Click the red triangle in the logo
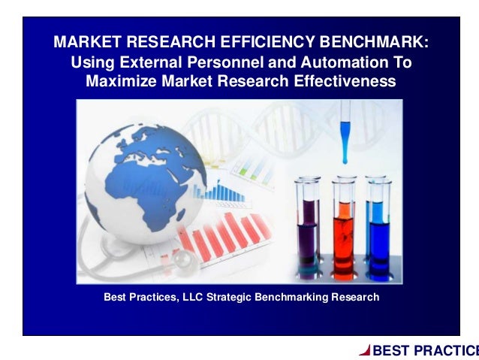[364, 349]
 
